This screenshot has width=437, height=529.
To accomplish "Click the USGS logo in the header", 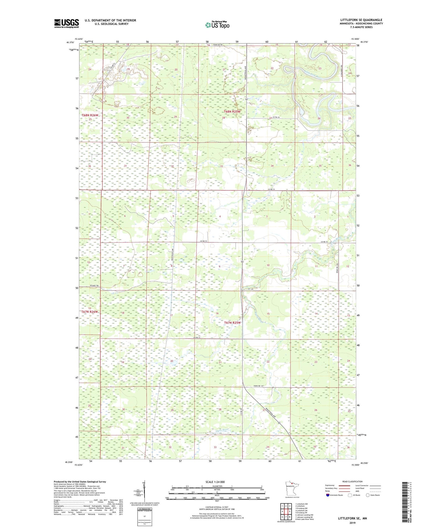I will click(66, 23).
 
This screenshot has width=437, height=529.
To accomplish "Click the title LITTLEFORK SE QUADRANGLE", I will click(361, 20).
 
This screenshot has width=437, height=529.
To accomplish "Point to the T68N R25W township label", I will click(232, 112).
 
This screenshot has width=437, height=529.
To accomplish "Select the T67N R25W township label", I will click(232, 323).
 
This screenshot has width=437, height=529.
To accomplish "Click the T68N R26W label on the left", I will click(90, 115).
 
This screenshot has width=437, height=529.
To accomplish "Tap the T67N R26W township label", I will click(90, 312).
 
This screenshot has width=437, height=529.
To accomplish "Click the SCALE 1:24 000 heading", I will click(217, 482).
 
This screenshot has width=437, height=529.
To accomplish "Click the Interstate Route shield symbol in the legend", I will click(327, 495).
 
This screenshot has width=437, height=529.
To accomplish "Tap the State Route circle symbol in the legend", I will click(368, 495).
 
